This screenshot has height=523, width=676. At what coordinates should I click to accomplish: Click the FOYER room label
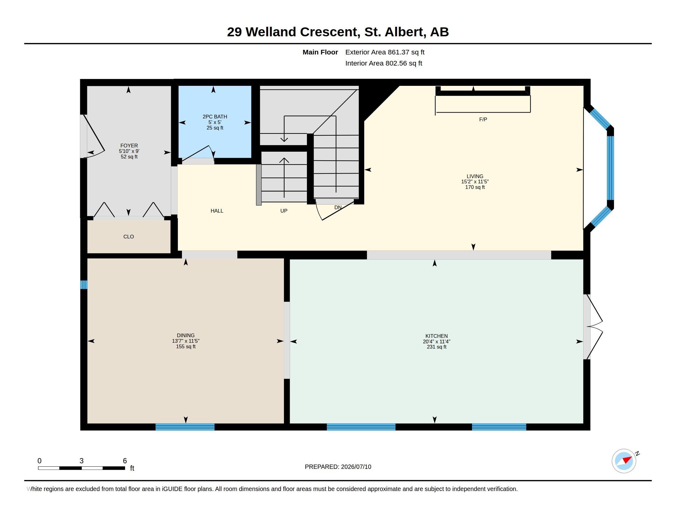click(x=129, y=146)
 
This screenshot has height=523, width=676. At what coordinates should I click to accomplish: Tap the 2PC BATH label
click(x=215, y=117)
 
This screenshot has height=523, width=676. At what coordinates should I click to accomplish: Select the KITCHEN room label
click(x=436, y=336)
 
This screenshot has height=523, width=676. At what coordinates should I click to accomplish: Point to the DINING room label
click(x=186, y=335)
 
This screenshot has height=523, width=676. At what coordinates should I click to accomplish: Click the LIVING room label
click(x=475, y=176)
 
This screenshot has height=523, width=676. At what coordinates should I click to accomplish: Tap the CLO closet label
click(x=128, y=237)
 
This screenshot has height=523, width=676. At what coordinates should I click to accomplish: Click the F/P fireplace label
click(x=483, y=119)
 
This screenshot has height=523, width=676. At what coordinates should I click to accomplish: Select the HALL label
click(x=217, y=211)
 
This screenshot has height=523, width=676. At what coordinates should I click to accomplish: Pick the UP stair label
click(x=284, y=211)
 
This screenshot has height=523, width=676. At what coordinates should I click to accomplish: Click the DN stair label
click(x=338, y=207)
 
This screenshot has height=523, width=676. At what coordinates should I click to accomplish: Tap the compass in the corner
click(x=624, y=461)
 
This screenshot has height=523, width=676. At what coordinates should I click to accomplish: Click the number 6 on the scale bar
click(x=125, y=461)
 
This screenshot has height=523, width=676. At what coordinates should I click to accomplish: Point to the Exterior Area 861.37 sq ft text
click(x=385, y=52)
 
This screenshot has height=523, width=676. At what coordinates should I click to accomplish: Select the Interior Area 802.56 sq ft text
click(x=383, y=63)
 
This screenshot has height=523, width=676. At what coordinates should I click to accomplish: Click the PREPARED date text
click(x=338, y=467)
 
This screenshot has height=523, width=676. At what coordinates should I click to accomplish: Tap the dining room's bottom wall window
click(x=185, y=427)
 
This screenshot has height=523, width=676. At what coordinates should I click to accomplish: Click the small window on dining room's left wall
click(x=84, y=285)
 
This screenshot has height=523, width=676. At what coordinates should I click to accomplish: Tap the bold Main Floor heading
click(x=320, y=52)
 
